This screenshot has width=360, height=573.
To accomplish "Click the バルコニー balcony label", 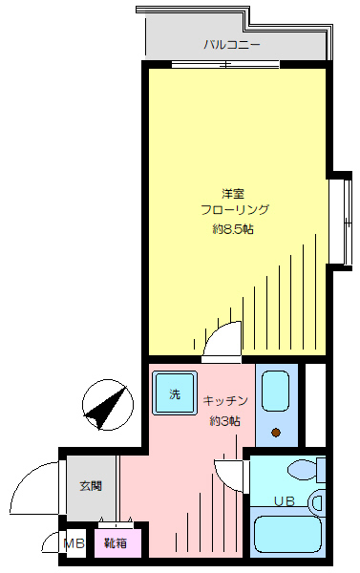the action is point(232,45).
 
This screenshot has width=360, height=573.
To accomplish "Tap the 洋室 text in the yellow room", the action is point(233,193).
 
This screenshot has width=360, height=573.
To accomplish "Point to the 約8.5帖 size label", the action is point(233,229).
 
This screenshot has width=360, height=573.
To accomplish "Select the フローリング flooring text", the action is point(235,210).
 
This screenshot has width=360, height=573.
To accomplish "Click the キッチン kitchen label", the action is point(225,401).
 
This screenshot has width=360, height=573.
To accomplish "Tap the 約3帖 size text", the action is point(225,421).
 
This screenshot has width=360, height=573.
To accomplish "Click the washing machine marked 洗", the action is point(175,393).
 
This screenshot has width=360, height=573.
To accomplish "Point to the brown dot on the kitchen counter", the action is point(276,433).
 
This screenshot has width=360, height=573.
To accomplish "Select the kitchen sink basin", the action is point(276,391).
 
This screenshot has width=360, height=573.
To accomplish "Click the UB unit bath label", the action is point(285,501).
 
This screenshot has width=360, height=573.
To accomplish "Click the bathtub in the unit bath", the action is point(287,533).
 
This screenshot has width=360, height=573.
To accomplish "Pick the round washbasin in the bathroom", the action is point(317,502).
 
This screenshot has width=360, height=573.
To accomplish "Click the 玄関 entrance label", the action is point(91,486).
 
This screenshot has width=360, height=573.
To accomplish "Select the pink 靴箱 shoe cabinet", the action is point(116,543).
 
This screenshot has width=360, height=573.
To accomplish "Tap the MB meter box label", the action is point(74,543).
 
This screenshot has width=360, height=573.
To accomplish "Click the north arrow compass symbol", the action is point(108,405).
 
